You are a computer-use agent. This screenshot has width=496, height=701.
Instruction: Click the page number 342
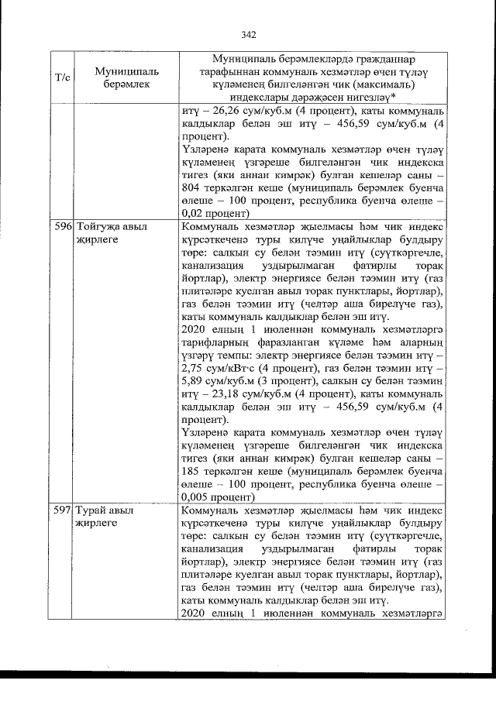[248, 35]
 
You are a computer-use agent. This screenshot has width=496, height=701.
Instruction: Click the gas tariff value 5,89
[191, 380]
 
